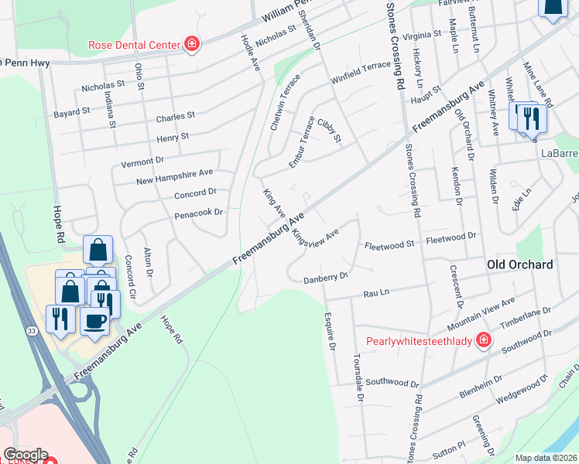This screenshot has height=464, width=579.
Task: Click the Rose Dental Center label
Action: coord(134,45)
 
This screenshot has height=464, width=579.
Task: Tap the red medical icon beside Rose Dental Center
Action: coord(190,45)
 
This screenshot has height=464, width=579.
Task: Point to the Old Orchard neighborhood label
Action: coord(520,264)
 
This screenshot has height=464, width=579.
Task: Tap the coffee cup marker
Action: coord(96,321)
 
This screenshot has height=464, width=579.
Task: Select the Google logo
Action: coord(26,455)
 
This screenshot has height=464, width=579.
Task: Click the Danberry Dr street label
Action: coord(325,276)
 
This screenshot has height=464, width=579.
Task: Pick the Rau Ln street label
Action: coord(376,294)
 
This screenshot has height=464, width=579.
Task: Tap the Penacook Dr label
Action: coord(198,212)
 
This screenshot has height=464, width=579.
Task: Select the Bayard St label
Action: coord(72,113)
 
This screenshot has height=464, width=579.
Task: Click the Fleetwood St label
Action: coord(390,244)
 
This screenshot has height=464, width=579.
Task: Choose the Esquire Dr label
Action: coord(330,331)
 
